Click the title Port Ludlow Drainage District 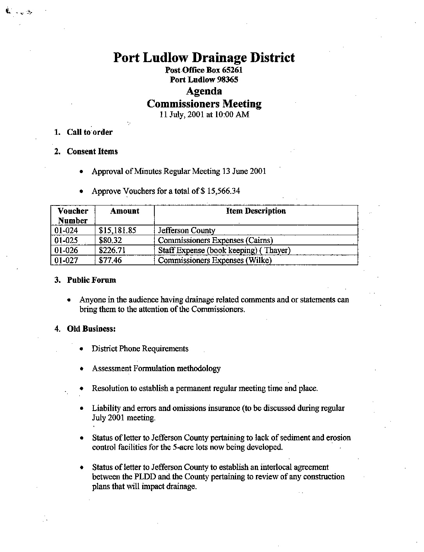[x=204, y=58]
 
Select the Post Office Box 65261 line [x=204, y=70]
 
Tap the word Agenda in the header [x=204, y=91]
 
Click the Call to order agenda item [x=89, y=132]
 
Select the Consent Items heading [x=92, y=152]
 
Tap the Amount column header [x=125, y=211]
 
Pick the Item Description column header [x=256, y=211]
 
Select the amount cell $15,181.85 [x=118, y=230]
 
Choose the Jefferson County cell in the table [x=186, y=230]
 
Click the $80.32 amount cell [x=111, y=240]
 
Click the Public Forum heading [x=91, y=280]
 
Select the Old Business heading [x=91, y=329]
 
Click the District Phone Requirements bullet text [x=140, y=348]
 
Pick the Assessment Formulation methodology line [x=156, y=368]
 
